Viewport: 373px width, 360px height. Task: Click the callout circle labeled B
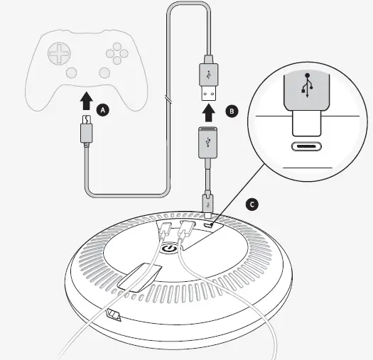pyautogui.click(x=230, y=111)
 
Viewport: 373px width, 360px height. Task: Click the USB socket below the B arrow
pyautogui.click(x=207, y=142)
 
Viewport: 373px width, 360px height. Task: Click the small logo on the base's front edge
pyautogui.click(x=112, y=315)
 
